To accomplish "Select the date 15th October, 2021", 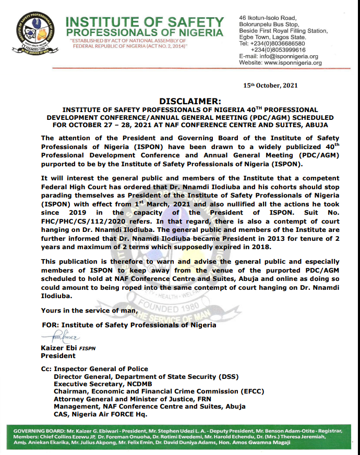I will [270, 85].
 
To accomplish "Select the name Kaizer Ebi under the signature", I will [57, 348].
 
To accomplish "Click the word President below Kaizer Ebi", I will [58, 356].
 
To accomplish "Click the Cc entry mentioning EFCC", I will [159, 391].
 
